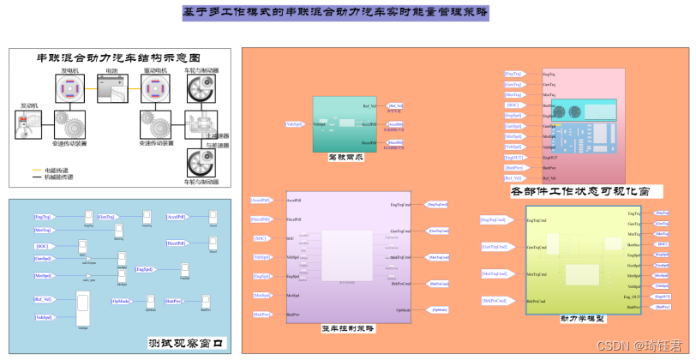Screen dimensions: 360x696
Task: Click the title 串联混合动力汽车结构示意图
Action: pyautogui.click(x=119, y=58)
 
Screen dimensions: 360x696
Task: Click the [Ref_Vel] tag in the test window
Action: pyautogui.click(x=43, y=299)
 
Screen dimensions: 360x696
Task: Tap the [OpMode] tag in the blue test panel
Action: pyautogui.click(x=122, y=301)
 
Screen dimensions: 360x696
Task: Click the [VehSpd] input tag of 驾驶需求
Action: pyautogui.click(x=294, y=124)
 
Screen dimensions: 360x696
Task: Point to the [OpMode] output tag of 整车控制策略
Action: pyautogui.click(x=438, y=309)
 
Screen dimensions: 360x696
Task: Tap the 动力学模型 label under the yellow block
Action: pyautogui.click(x=583, y=319)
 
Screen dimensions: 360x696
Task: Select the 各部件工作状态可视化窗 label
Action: pyautogui.click(x=579, y=189)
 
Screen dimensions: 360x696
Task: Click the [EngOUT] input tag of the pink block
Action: pyautogui.click(x=513, y=158)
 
